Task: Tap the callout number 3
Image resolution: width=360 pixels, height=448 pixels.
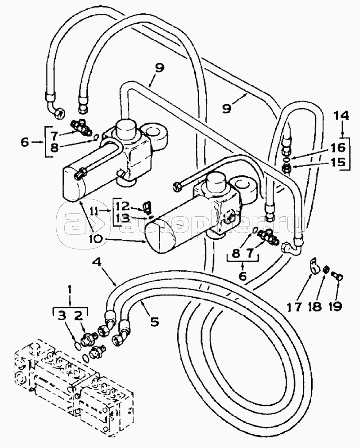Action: pyautogui.click(x=62, y=316)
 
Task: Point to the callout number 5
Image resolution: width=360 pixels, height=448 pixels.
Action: pyautogui.click(x=154, y=322)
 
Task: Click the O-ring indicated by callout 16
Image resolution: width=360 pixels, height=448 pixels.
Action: pyautogui.click(x=286, y=158)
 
